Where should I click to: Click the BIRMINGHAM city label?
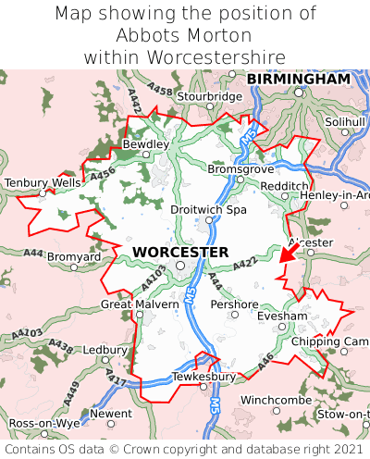(298, 80)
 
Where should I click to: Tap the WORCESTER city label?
(180, 252)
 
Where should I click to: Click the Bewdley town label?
(146, 144)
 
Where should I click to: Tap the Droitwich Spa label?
(209, 210)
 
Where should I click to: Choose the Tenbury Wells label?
(43, 183)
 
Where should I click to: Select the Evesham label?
(282, 316)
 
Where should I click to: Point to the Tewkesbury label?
(204, 378)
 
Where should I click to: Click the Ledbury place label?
(105, 351)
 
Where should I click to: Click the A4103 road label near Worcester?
(154, 277)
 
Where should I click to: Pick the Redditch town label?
(285, 186)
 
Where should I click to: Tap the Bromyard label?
(74, 255)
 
